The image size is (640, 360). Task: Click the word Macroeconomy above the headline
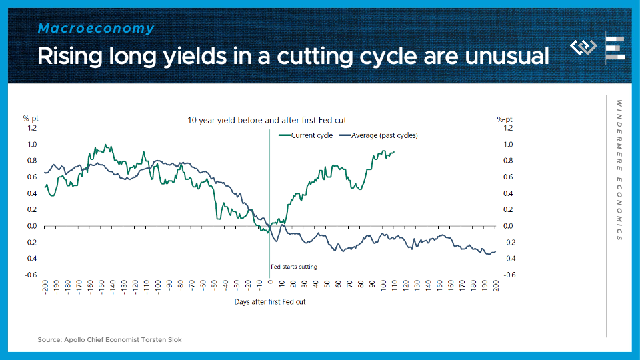click(x=96, y=29)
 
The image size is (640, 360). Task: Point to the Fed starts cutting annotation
click(x=294, y=267)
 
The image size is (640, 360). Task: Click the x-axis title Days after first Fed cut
click(x=270, y=302)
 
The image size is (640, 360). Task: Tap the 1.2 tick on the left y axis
click(x=32, y=128)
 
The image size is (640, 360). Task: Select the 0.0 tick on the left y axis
click(x=32, y=226)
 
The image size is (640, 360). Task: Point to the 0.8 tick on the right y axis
click(x=508, y=161)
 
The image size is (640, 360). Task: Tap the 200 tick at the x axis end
click(x=496, y=287)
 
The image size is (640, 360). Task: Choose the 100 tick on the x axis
click(x=383, y=287)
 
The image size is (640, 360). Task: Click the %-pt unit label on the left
click(x=31, y=119)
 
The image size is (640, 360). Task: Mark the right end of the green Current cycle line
click(x=394, y=152)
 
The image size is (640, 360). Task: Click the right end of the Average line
click(x=495, y=252)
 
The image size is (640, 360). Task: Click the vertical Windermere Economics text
click(x=619, y=171)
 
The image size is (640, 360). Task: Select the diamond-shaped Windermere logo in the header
click(x=584, y=47)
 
